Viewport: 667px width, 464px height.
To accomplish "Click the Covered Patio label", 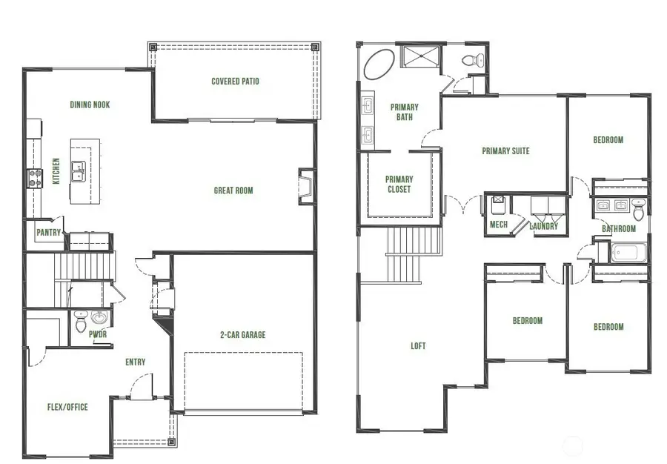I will [235, 82].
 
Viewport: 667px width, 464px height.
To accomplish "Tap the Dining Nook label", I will [90, 105].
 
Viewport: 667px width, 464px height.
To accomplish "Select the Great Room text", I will [233, 190].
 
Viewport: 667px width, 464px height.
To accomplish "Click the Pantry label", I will [48, 233].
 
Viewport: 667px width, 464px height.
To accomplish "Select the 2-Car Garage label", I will [244, 335].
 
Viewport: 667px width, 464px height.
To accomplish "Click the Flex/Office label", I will [67, 407].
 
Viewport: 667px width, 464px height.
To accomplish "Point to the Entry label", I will [136, 362].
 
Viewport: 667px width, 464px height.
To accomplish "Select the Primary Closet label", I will [399, 185].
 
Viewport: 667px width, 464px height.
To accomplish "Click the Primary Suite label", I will [505, 151].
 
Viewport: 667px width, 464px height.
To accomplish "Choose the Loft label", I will [418, 346].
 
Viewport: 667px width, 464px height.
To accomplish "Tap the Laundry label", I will [543, 227].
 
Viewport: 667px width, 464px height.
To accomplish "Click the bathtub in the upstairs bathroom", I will [627, 253].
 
